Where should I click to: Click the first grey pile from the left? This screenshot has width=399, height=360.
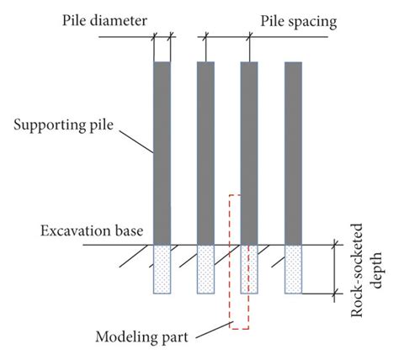[162, 151]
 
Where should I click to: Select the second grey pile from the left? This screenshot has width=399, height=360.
[205, 151]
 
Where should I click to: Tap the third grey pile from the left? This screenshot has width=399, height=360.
[249, 151]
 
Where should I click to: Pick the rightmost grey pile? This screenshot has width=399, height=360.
[293, 151]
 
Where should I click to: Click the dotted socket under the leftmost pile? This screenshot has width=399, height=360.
[162, 269]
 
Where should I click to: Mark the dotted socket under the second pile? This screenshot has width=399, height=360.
[205, 269]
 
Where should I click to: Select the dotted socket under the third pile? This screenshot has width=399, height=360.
[249, 269]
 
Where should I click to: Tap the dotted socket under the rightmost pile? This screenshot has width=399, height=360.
[293, 269]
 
